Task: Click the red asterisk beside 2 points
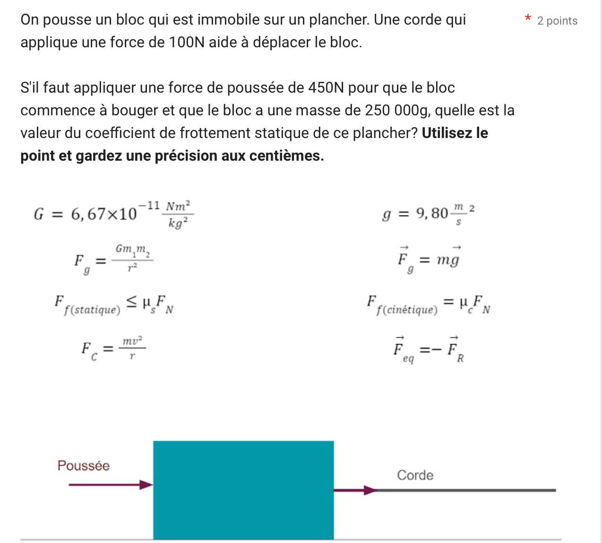(528, 18)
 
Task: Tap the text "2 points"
(557, 21)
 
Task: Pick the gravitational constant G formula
(113, 214)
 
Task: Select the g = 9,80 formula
(428, 214)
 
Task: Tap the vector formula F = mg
(428, 259)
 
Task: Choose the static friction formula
(113, 304)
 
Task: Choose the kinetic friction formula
(428, 304)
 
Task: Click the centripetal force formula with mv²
(113, 349)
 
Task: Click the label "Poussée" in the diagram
(83, 466)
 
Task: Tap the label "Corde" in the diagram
(415, 475)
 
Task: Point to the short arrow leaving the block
(354, 491)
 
